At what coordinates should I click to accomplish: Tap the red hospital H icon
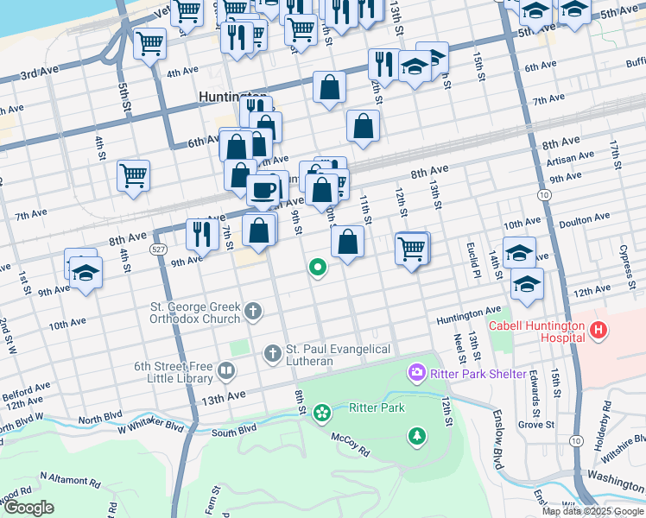[598, 330]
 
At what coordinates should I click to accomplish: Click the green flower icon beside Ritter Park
[322, 413]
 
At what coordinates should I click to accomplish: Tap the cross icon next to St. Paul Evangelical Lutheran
[272, 352]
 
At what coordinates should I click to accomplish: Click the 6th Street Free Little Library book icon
[226, 371]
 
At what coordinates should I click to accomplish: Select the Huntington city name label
[231, 97]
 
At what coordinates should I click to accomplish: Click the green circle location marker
[318, 268]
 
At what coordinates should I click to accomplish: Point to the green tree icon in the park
[417, 436]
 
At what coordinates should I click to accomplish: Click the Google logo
[29, 507]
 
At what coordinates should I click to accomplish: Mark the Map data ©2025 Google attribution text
[592, 511]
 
